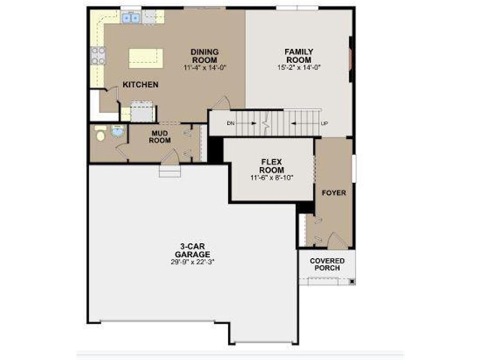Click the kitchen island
[x=146, y=58]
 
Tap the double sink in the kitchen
[x=132, y=18]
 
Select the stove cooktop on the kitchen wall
[x=98, y=55]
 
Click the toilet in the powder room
[x=100, y=133]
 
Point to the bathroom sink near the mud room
[x=117, y=132]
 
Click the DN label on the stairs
[x=230, y=124]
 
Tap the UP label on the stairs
[x=324, y=124]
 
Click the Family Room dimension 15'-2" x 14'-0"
[x=299, y=67]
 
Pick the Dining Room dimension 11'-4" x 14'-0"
[x=205, y=67]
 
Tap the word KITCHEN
[x=140, y=85]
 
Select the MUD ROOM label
[x=160, y=137]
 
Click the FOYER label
[x=334, y=193]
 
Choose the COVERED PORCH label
[x=327, y=264]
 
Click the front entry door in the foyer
[x=337, y=242]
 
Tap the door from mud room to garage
[x=170, y=157]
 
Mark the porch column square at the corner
[x=352, y=281]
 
